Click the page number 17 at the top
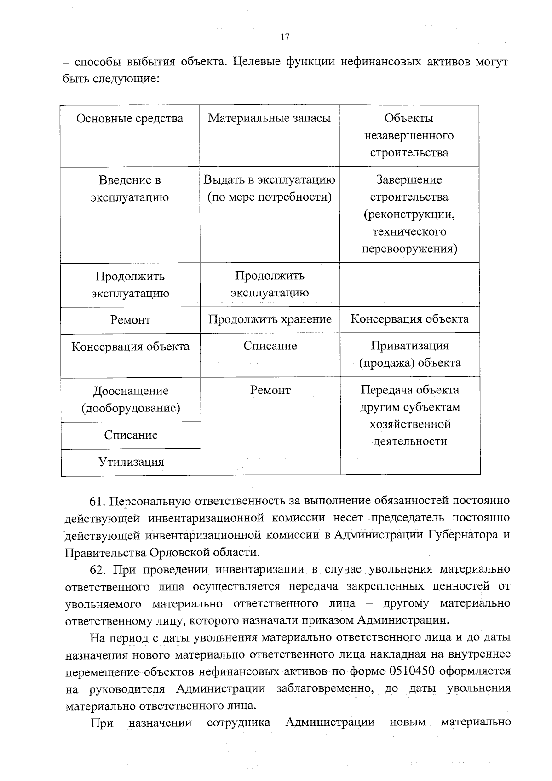(285, 37)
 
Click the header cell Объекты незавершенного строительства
(409, 135)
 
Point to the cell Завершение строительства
(409, 214)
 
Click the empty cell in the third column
(409, 284)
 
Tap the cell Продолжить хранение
(270, 319)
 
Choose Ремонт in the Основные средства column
(130, 320)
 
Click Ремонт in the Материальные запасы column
(270, 390)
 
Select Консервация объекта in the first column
(130, 347)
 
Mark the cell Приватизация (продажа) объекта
(409, 354)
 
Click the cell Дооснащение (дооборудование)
(131, 399)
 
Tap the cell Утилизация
(131, 462)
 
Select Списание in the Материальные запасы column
(270, 346)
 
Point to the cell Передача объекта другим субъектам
(410, 416)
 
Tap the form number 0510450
(412, 671)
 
